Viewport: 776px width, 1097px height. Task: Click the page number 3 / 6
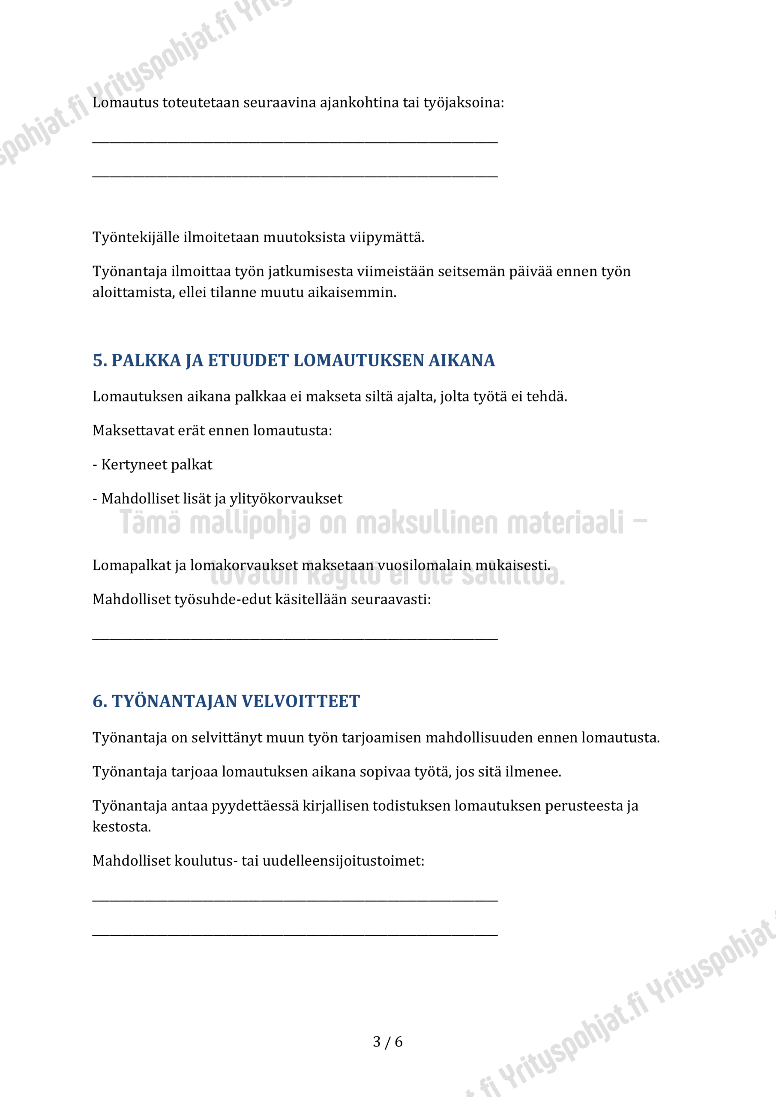[387, 1042]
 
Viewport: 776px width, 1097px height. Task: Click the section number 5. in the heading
[100, 361]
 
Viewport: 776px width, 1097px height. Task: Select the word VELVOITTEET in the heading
[301, 701]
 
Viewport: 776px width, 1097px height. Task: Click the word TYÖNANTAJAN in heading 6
[174, 701]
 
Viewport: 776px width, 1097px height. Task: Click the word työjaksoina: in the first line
[464, 103]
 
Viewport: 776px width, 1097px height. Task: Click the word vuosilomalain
[424, 566]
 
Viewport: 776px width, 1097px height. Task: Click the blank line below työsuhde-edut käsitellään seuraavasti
[295, 638]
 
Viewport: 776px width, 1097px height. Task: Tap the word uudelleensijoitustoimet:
[343, 861]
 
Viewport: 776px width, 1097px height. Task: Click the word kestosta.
[121, 827]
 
